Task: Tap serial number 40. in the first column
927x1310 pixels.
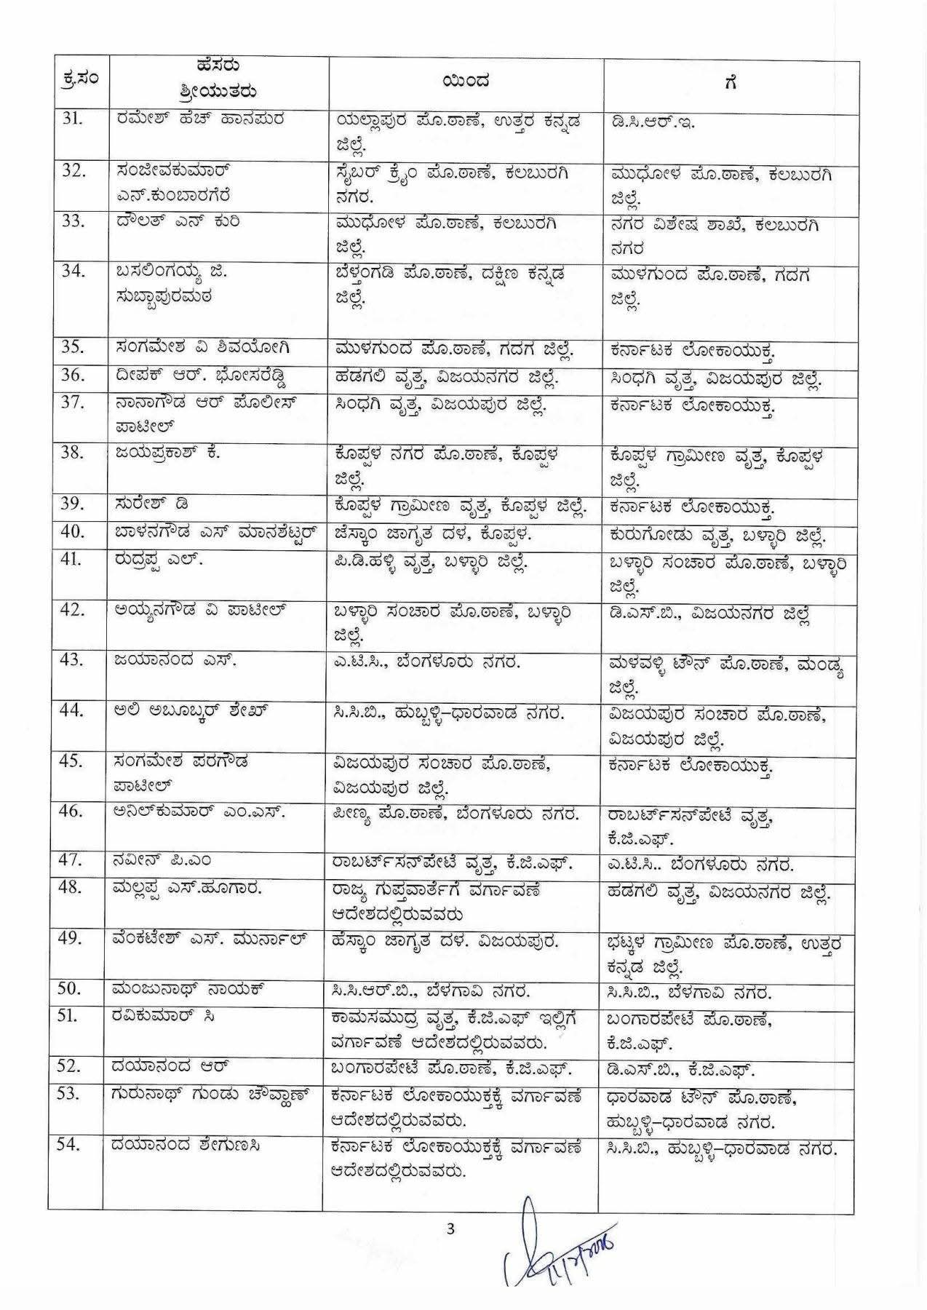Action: point(72,533)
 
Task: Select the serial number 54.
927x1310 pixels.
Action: point(71,1146)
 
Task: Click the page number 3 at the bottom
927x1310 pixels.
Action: point(450,1229)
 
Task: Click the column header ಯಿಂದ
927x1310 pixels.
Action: point(466,82)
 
